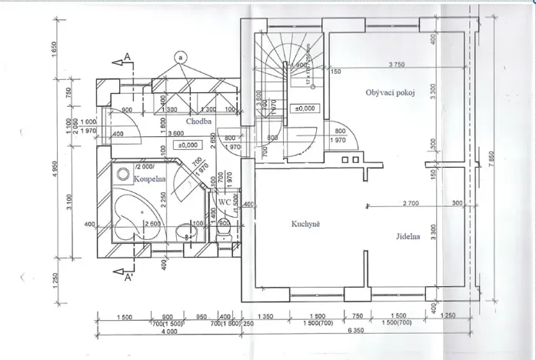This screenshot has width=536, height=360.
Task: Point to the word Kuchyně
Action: pyautogui.click(x=306, y=225)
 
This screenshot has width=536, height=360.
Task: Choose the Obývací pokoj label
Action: pyautogui.click(x=391, y=93)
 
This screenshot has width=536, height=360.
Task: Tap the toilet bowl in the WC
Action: pyautogui.click(x=222, y=228)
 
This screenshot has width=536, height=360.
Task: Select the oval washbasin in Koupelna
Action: pyautogui.click(x=182, y=230)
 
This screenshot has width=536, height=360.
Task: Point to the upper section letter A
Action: pyautogui.click(x=125, y=60)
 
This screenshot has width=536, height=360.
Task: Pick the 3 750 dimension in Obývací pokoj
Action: pyautogui.click(x=398, y=64)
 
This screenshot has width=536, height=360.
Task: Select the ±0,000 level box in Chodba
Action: pyautogui.click(x=188, y=145)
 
